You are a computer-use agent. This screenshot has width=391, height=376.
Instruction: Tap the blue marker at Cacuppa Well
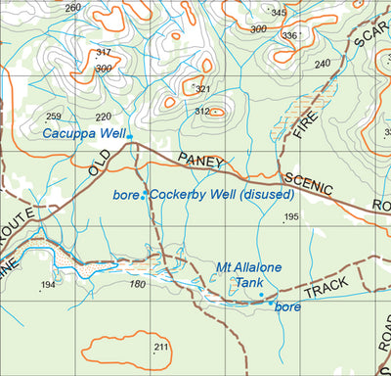130,137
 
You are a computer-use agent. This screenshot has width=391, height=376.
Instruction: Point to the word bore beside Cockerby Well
125,196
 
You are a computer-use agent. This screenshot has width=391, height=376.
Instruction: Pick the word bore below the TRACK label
287,307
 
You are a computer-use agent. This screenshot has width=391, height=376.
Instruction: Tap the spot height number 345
279,13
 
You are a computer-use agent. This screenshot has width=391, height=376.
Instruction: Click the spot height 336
289,36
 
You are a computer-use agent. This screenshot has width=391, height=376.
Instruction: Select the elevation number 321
202,89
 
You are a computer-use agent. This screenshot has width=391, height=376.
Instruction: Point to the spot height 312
202,112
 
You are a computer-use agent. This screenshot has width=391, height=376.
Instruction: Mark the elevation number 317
104,53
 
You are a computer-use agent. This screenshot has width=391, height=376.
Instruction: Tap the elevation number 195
290,216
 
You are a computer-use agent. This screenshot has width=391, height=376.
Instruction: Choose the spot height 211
160,348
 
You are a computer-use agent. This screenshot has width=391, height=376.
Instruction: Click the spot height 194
48,285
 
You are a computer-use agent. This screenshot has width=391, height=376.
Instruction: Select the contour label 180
137,285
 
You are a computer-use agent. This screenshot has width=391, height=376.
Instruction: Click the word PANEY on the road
200,162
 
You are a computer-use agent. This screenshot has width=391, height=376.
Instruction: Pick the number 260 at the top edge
73,8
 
